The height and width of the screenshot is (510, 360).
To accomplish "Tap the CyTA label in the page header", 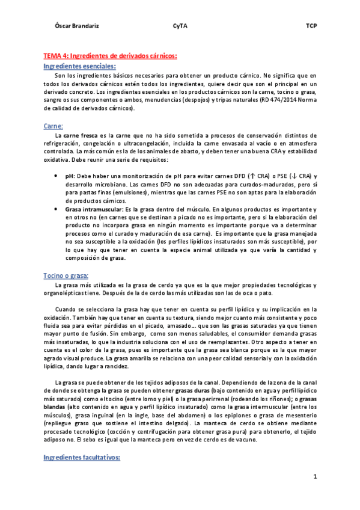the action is click(x=180, y=26).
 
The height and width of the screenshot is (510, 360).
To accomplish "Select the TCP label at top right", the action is click(x=311, y=26).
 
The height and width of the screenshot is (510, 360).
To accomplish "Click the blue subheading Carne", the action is click(x=54, y=126).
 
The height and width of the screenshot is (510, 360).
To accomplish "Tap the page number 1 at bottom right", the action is click(x=314, y=476).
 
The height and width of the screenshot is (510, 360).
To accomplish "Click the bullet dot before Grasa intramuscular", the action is click(x=55, y=209).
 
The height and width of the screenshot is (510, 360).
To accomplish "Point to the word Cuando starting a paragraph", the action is click(x=66, y=309).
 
